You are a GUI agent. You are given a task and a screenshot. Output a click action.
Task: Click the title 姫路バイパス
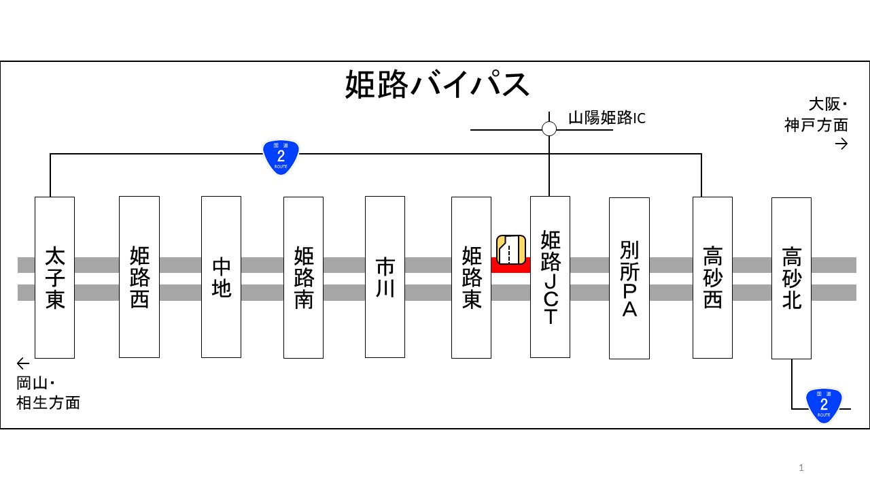point(437,85)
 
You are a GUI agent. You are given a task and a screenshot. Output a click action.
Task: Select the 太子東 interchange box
point(54,277)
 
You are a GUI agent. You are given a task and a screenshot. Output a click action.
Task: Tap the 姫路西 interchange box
point(139,277)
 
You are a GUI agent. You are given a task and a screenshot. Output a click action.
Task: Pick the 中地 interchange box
point(222,277)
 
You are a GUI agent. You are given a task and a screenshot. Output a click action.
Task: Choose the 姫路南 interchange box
point(303,277)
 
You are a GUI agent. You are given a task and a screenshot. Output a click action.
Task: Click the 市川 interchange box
point(385,277)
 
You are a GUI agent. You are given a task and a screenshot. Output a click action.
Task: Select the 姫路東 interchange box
point(471,277)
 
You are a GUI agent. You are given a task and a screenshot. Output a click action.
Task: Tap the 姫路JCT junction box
point(550,277)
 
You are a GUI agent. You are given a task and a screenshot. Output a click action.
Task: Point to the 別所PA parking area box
point(629,278)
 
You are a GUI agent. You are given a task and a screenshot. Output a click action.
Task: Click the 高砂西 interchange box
point(712,277)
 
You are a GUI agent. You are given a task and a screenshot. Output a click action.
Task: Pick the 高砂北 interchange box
point(791,278)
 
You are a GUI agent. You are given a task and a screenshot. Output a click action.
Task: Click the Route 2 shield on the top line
point(281,157)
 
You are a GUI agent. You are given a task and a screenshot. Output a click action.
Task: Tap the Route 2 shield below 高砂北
point(824,405)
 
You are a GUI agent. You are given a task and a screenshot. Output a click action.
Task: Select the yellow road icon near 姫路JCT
point(510,249)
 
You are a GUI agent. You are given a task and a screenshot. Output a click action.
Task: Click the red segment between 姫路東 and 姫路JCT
point(510,265)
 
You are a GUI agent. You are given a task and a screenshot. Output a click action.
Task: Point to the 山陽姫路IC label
point(606,118)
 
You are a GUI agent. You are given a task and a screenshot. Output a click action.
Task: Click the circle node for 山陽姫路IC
point(549,129)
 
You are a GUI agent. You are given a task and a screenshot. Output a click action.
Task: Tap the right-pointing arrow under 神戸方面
point(841,144)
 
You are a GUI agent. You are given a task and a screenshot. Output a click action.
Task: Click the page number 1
point(801,468)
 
